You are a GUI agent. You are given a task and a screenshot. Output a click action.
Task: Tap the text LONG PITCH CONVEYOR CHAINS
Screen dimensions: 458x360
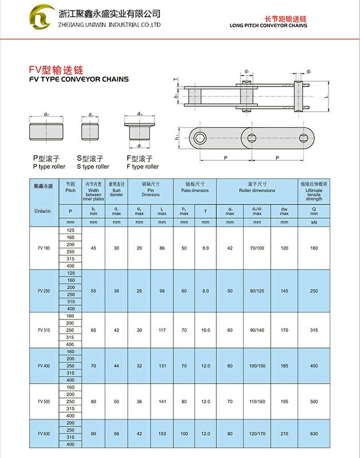[x=268, y=26]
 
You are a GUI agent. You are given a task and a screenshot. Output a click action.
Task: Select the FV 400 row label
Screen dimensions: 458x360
[x=44, y=365]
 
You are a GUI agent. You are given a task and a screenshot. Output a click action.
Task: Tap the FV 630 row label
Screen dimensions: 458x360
[x=44, y=433]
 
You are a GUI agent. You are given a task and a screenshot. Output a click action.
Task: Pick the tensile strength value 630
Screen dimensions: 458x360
[x=314, y=433]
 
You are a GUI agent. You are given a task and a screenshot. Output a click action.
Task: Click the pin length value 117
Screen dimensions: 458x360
[x=162, y=330]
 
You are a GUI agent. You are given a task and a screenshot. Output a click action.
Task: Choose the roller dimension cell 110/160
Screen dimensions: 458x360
[x=257, y=401]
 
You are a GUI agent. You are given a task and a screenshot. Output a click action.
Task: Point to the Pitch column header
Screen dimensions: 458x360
[x=70, y=187]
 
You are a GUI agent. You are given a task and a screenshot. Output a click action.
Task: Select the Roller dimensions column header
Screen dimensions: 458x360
[x=257, y=187]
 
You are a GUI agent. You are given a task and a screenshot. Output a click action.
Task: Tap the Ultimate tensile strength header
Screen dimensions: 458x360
[x=314, y=191]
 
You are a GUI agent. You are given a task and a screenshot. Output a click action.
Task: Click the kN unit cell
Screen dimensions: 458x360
[x=314, y=221]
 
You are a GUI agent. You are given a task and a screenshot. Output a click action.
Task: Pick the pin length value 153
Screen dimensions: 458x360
[x=162, y=433]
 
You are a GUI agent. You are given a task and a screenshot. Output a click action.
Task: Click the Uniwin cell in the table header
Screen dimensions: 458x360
[x=44, y=210]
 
